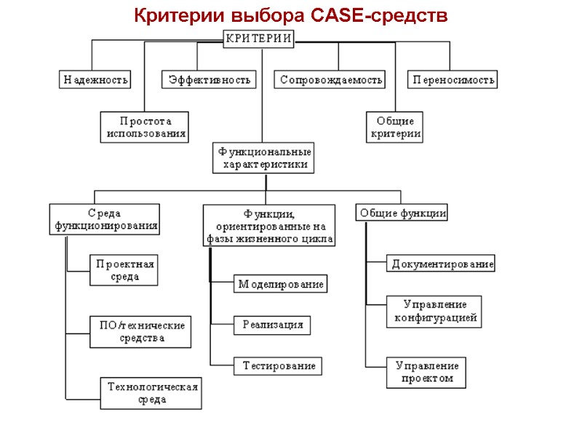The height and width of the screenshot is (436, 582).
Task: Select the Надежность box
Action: click(x=95, y=79)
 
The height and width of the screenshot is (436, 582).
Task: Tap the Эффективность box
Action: click(x=210, y=79)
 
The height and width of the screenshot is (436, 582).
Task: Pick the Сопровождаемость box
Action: click(x=330, y=79)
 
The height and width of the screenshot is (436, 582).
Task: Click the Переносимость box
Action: click(x=453, y=79)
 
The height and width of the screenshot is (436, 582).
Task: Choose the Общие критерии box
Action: click(x=395, y=127)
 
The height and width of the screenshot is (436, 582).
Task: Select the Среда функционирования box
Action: click(x=105, y=219)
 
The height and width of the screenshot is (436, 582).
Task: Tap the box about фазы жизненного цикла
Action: click(x=268, y=225)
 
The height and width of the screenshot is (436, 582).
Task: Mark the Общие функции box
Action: click(x=402, y=213)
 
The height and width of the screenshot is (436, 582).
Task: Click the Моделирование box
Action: click(x=280, y=284)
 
